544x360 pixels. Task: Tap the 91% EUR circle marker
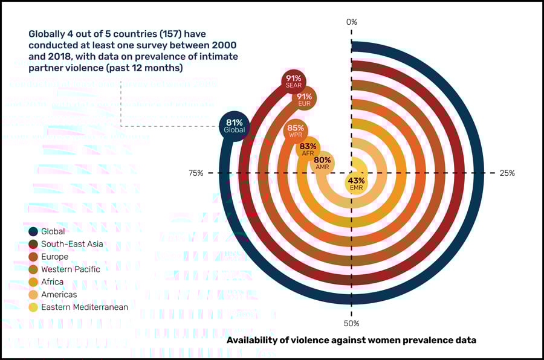click(304, 99)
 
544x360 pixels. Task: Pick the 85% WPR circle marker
click(296, 130)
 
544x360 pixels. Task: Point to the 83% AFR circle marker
click(308, 149)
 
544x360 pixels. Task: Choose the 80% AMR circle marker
click(322, 163)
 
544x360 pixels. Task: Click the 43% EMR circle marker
click(356, 184)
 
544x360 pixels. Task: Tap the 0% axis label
click(352, 22)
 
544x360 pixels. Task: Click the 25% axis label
click(507, 173)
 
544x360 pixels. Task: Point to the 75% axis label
click(196, 173)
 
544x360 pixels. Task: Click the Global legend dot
click(33, 231)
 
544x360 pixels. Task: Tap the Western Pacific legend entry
click(70, 269)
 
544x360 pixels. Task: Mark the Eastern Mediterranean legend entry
click(84, 307)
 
